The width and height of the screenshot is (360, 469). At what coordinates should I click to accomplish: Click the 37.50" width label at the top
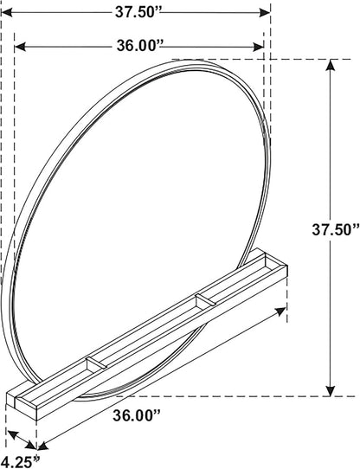coord(138,12)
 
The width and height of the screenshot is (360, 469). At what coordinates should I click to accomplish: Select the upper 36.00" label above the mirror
coord(139,46)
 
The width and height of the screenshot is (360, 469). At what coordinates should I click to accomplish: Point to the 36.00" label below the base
coord(137,415)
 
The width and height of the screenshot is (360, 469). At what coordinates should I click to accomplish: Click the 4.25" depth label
coord(20,462)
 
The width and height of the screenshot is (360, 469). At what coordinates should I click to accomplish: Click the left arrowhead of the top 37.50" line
coord(7,12)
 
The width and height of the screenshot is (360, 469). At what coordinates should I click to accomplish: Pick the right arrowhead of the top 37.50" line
coord(265,12)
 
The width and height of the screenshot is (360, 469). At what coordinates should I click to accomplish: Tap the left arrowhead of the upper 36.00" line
coord(20,47)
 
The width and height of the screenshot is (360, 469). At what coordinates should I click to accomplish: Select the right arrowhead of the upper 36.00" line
coord(258,47)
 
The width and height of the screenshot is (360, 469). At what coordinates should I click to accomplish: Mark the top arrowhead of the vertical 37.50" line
coord(330,65)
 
